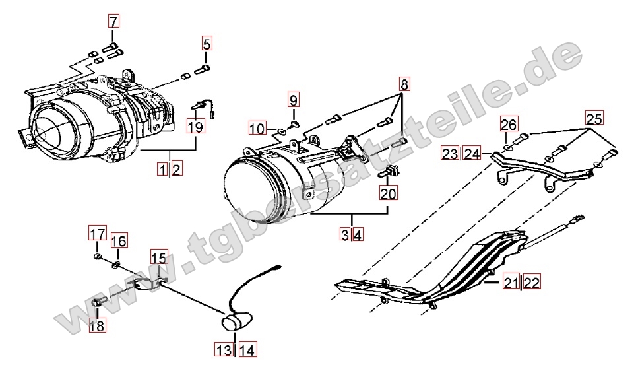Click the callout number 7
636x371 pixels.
pyautogui.click(x=113, y=21)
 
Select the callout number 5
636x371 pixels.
pyautogui.click(x=207, y=44)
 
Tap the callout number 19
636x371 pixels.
pyautogui.click(x=195, y=126)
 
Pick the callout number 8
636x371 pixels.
pyautogui.click(x=404, y=84)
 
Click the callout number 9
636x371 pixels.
pyautogui.click(x=293, y=100)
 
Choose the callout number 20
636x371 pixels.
pyautogui.click(x=388, y=193)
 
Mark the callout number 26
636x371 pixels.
pyautogui.click(x=509, y=124)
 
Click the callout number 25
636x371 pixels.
pyautogui.click(x=594, y=118)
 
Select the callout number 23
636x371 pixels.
pyautogui.click(x=450, y=153)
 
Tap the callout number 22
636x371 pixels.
pyautogui.click(x=532, y=282)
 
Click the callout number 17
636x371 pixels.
pyautogui.click(x=98, y=234)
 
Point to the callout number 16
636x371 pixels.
pyautogui.click(x=119, y=241)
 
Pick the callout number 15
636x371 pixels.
pyautogui.click(x=159, y=257)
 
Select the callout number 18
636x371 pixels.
pyautogui.click(x=98, y=325)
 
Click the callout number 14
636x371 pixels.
pyautogui.click(x=247, y=349)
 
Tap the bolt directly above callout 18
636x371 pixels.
pyautogui.click(x=98, y=302)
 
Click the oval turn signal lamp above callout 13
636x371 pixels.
pyautogui.click(x=236, y=322)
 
